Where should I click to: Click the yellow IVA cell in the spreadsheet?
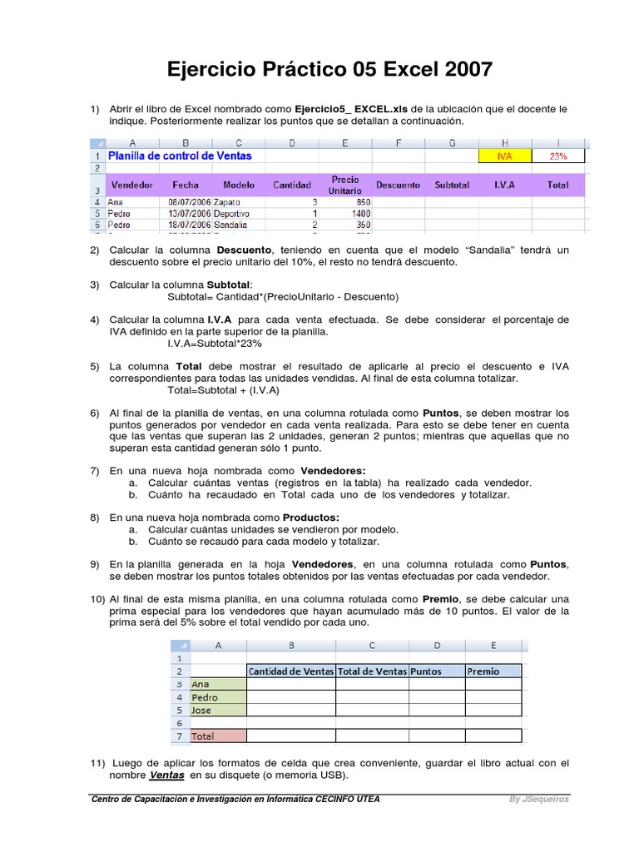click(504, 156)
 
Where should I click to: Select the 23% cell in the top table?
click(557, 156)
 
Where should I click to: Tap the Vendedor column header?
click(132, 185)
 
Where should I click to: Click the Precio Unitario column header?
click(344, 185)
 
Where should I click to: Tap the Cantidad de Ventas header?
click(291, 671)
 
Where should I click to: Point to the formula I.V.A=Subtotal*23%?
click(215, 343)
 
